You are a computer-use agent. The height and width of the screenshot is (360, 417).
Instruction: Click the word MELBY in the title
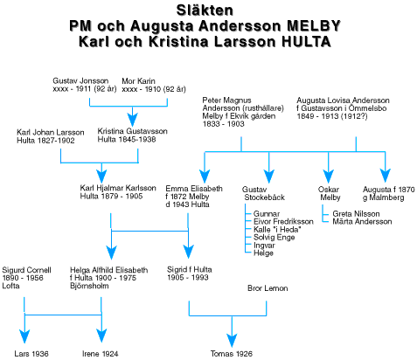(314, 26)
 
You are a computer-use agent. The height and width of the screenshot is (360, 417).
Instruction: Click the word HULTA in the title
(306, 42)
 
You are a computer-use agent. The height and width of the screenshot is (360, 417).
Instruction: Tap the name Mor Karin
(138, 80)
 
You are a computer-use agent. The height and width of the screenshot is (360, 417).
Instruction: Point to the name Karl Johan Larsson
(51, 133)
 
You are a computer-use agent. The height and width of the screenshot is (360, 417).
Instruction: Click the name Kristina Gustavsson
(133, 131)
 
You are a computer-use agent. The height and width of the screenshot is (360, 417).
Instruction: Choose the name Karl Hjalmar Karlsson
(118, 188)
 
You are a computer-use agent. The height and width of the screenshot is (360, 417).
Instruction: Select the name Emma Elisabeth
(194, 189)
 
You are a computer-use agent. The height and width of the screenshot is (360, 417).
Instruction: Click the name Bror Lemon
(268, 288)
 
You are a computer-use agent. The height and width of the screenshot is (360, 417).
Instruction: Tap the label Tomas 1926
(232, 354)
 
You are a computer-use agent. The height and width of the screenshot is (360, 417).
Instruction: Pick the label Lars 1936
(31, 354)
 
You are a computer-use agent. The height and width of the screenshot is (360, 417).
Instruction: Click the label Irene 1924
(101, 354)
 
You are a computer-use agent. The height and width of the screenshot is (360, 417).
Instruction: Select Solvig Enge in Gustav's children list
(275, 238)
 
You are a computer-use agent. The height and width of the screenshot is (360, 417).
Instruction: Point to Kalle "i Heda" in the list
(277, 230)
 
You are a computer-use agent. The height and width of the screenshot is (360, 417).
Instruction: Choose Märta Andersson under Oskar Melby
(362, 222)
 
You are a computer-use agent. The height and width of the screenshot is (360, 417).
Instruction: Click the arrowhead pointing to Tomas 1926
(232, 340)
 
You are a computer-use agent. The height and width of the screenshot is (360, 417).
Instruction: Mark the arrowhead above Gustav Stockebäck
(269, 177)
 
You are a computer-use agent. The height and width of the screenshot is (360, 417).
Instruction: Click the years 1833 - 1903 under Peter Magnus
(223, 124)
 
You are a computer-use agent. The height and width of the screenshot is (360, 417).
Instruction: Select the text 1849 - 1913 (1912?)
(332, 116)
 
